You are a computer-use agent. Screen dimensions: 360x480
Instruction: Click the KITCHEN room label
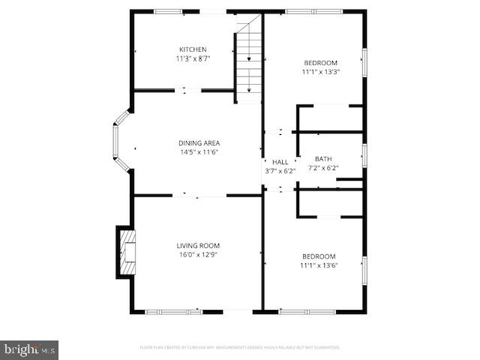tap(193, 49)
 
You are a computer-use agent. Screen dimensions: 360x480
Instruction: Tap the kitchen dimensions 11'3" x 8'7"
tap(193, 58)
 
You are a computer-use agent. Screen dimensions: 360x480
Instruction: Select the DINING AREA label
tap(199, 143)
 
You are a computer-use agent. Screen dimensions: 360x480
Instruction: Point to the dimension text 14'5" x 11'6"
tap(199, 152)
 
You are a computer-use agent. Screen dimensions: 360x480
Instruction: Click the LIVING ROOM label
tap(198, 245)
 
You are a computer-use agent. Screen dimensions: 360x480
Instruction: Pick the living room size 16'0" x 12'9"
tap(198, 254)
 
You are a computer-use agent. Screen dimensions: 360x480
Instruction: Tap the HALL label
tap(280, 162)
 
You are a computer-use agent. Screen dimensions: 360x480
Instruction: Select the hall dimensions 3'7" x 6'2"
tap(280, 171)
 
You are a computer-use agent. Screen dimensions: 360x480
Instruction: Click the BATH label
tap(323, 159)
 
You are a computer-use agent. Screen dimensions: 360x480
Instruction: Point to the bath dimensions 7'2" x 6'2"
tap(323, 167)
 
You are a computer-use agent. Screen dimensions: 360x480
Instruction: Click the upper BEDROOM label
tap(320, 63)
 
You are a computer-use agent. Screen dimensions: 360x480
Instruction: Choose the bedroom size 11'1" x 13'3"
tap(320, 72)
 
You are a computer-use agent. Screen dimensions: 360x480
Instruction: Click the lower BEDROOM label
tap(319, 256)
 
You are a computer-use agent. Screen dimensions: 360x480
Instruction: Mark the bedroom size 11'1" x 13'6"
tap(319, 265)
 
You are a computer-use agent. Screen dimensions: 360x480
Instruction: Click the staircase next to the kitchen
tap(249, 60)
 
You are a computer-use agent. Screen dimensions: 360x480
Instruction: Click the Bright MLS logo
tap(29, 349)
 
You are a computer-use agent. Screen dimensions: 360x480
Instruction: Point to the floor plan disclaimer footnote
tap(240, 347)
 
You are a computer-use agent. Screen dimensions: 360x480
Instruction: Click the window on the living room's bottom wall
tap(174, 311)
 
